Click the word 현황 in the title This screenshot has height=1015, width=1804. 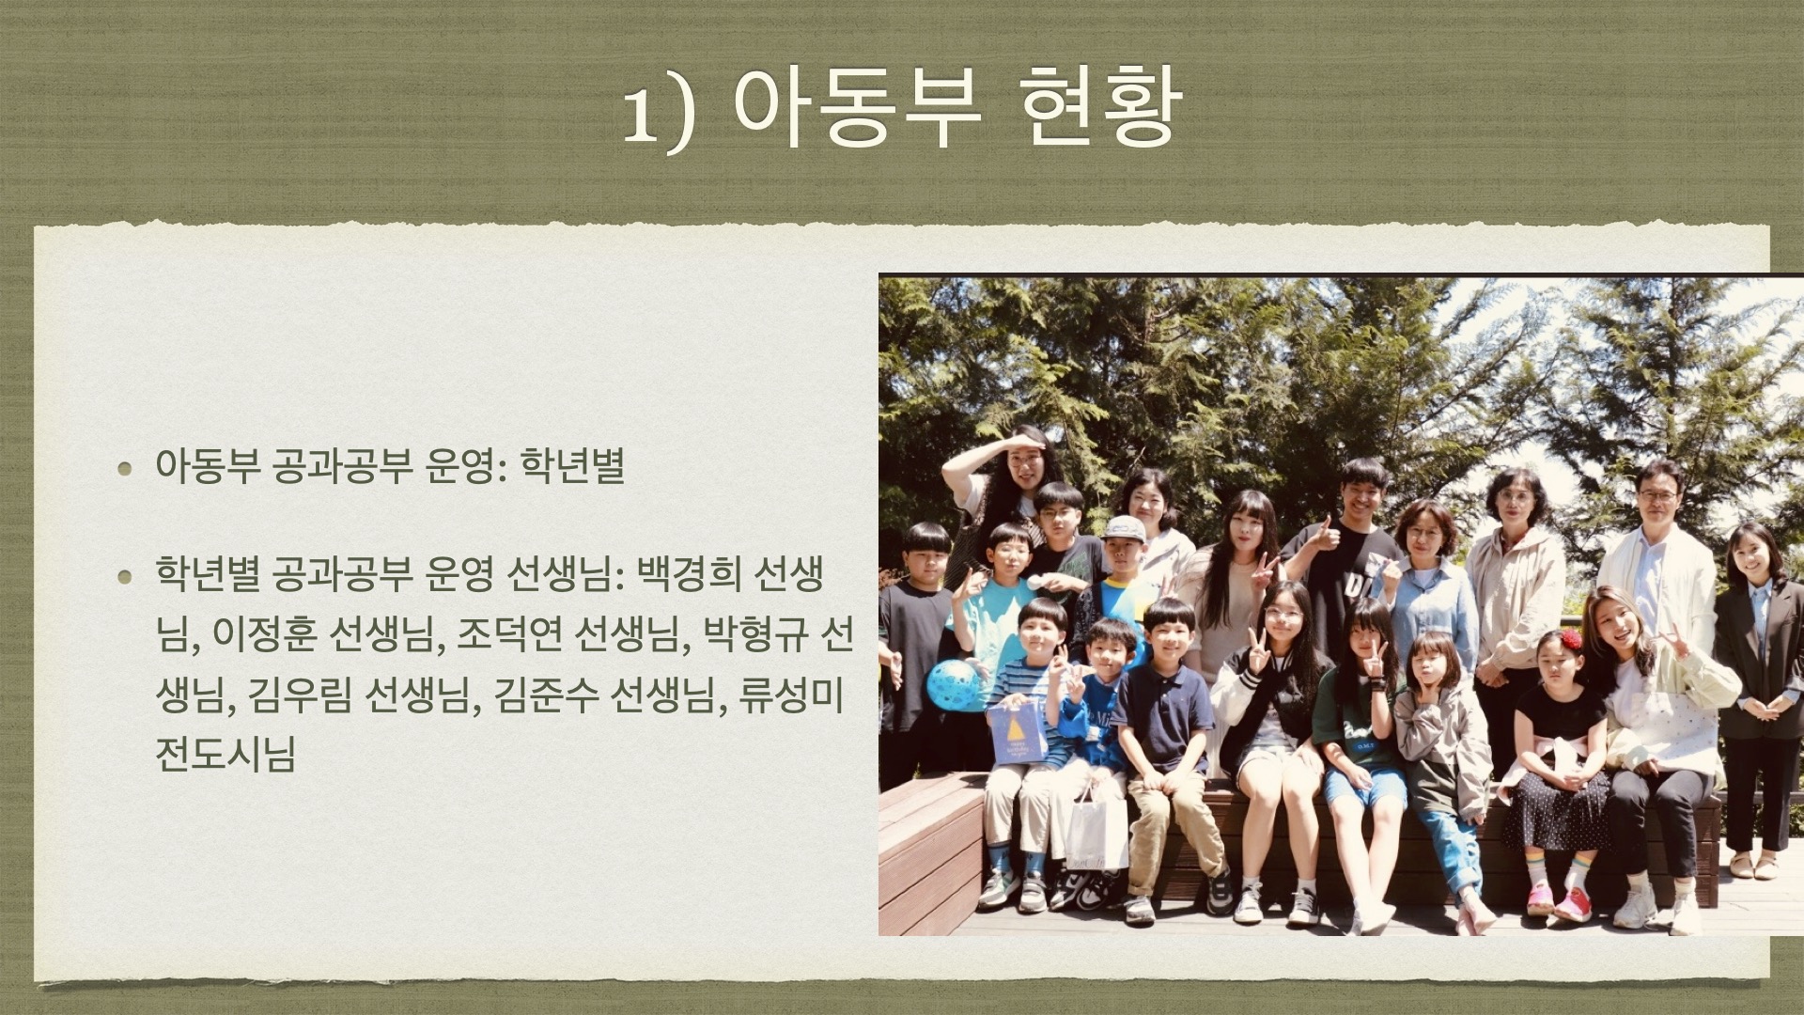point(1099,105)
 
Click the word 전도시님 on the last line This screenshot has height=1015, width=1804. point(225,755)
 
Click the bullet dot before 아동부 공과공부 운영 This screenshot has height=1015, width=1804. point(125,468)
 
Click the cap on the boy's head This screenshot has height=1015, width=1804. point(1123,528)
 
